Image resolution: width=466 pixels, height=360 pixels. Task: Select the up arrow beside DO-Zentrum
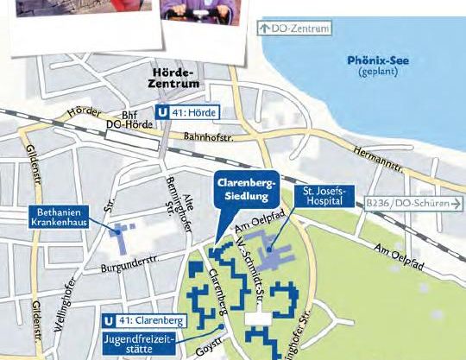[264, 28]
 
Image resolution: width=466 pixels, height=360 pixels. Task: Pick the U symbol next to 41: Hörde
[162, 111]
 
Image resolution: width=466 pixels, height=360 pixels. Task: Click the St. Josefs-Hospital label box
[324, 195]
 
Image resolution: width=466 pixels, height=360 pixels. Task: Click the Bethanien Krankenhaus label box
[63, 216]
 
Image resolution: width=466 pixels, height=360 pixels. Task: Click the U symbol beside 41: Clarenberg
[109, 319]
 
